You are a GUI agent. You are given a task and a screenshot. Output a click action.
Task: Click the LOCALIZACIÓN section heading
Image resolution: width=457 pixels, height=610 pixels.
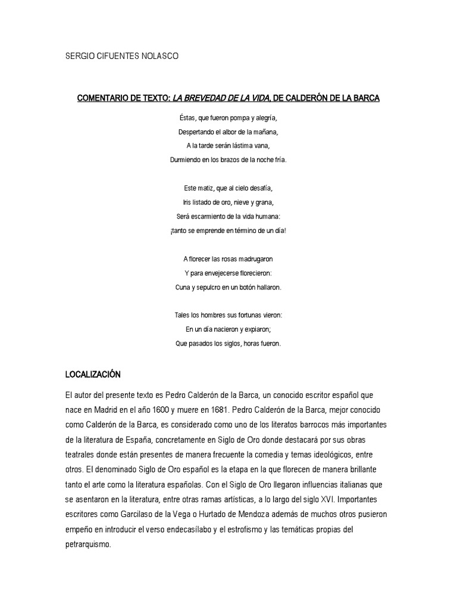(93, 375)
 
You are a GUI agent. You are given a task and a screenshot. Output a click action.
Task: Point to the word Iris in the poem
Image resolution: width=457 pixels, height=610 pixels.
(189, 202)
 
